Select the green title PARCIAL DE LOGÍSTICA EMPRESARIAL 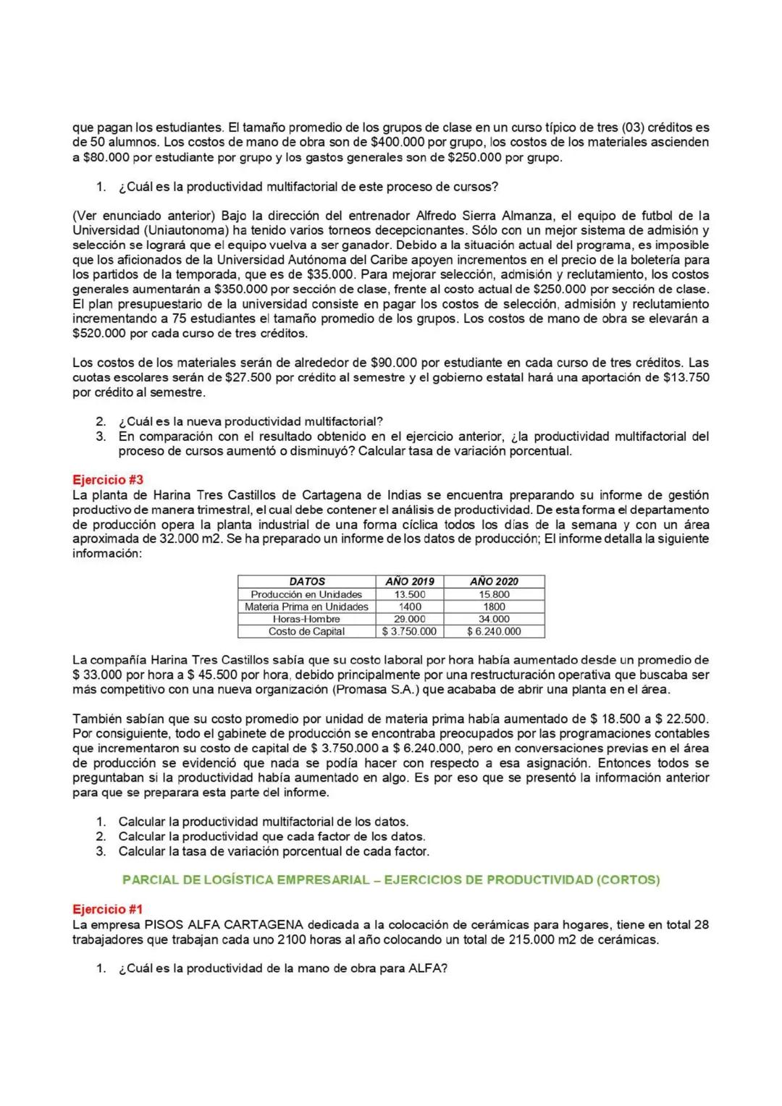pos(391,880)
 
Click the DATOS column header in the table pos(307,581)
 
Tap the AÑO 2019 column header pos(410,581)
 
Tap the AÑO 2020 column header pos(494,581)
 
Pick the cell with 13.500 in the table pos(410,594)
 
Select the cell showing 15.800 pos(494,594)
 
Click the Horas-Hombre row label pos(306,619)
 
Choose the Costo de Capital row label pos(306,631)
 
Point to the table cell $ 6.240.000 pos(494,631)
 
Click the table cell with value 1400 pos(410,607)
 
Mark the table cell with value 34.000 pos(494,619)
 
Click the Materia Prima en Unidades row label pos(306,607)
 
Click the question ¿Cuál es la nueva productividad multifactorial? pos(251,421)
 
